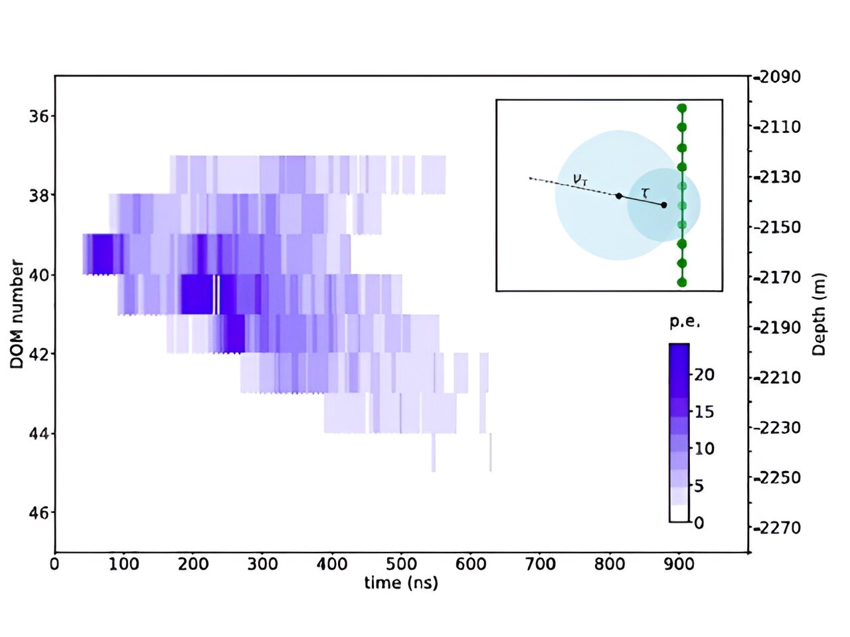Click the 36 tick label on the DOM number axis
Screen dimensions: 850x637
pos(38,116)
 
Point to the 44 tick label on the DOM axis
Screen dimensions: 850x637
pos(39,434)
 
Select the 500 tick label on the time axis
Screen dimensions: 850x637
pos(401,564)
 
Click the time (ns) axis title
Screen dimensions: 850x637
pos(401,583)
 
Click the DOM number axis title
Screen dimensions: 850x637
pos(17,314)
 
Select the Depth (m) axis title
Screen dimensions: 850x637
pos(819,314)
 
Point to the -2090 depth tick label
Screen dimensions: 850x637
pos(776,77)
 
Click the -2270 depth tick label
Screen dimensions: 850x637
pos(776,527)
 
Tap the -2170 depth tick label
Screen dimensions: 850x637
pos(776,277)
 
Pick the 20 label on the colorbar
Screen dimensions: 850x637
pos(704,375)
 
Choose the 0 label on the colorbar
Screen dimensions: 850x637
pos(699,523)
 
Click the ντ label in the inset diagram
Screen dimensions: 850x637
pos(580,180)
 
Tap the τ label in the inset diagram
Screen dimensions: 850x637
pos(645,193)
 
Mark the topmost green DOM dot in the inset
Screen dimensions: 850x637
pos(682,108)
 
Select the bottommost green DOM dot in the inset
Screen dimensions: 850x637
pos(682,283)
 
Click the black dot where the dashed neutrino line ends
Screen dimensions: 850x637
pos(619,196)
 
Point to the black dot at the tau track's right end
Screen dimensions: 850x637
pos(664,205)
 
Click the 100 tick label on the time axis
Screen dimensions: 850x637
pos(124,564)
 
